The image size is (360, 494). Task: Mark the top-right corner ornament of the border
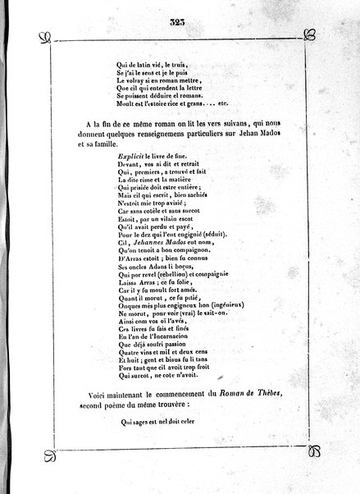click(310, 36)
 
